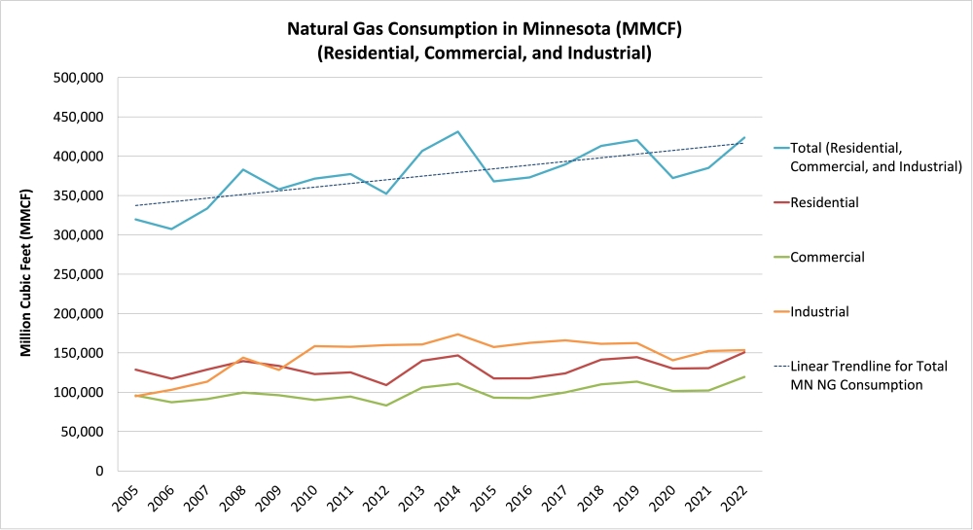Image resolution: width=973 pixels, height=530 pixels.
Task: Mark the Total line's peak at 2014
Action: (x=457, y=131)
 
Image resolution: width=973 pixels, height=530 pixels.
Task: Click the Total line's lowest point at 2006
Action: (x=171, y=229)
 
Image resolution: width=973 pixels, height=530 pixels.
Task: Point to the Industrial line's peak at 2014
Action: (x=457, y=334)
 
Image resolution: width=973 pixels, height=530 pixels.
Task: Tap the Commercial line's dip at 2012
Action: (x=386, y=406)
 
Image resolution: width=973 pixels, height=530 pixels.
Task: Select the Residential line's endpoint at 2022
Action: (x=744, y=352)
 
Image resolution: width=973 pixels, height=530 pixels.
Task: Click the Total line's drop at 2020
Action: (x=672, y=178)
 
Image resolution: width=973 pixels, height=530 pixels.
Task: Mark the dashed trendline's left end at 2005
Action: (x=135, y=205)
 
